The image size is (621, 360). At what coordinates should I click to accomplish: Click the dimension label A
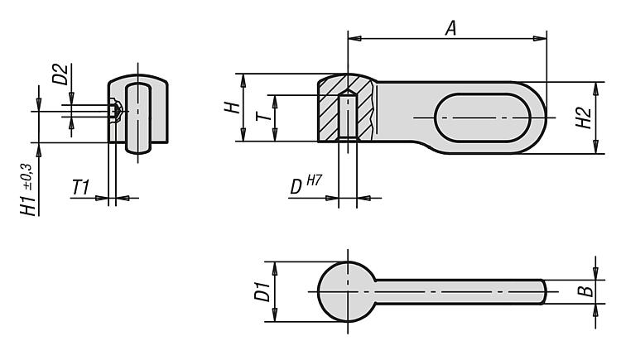pos(450,28)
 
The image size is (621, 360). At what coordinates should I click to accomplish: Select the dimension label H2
pos(584,118)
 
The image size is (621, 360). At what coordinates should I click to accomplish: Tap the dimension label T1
pos(81,187)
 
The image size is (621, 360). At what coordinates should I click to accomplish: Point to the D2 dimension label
pos(60,74)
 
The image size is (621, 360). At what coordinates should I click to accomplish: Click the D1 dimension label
pos(262,291)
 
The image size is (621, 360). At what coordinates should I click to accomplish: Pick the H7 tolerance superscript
pos(314,180)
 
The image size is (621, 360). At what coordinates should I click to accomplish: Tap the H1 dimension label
pos(29,205)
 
